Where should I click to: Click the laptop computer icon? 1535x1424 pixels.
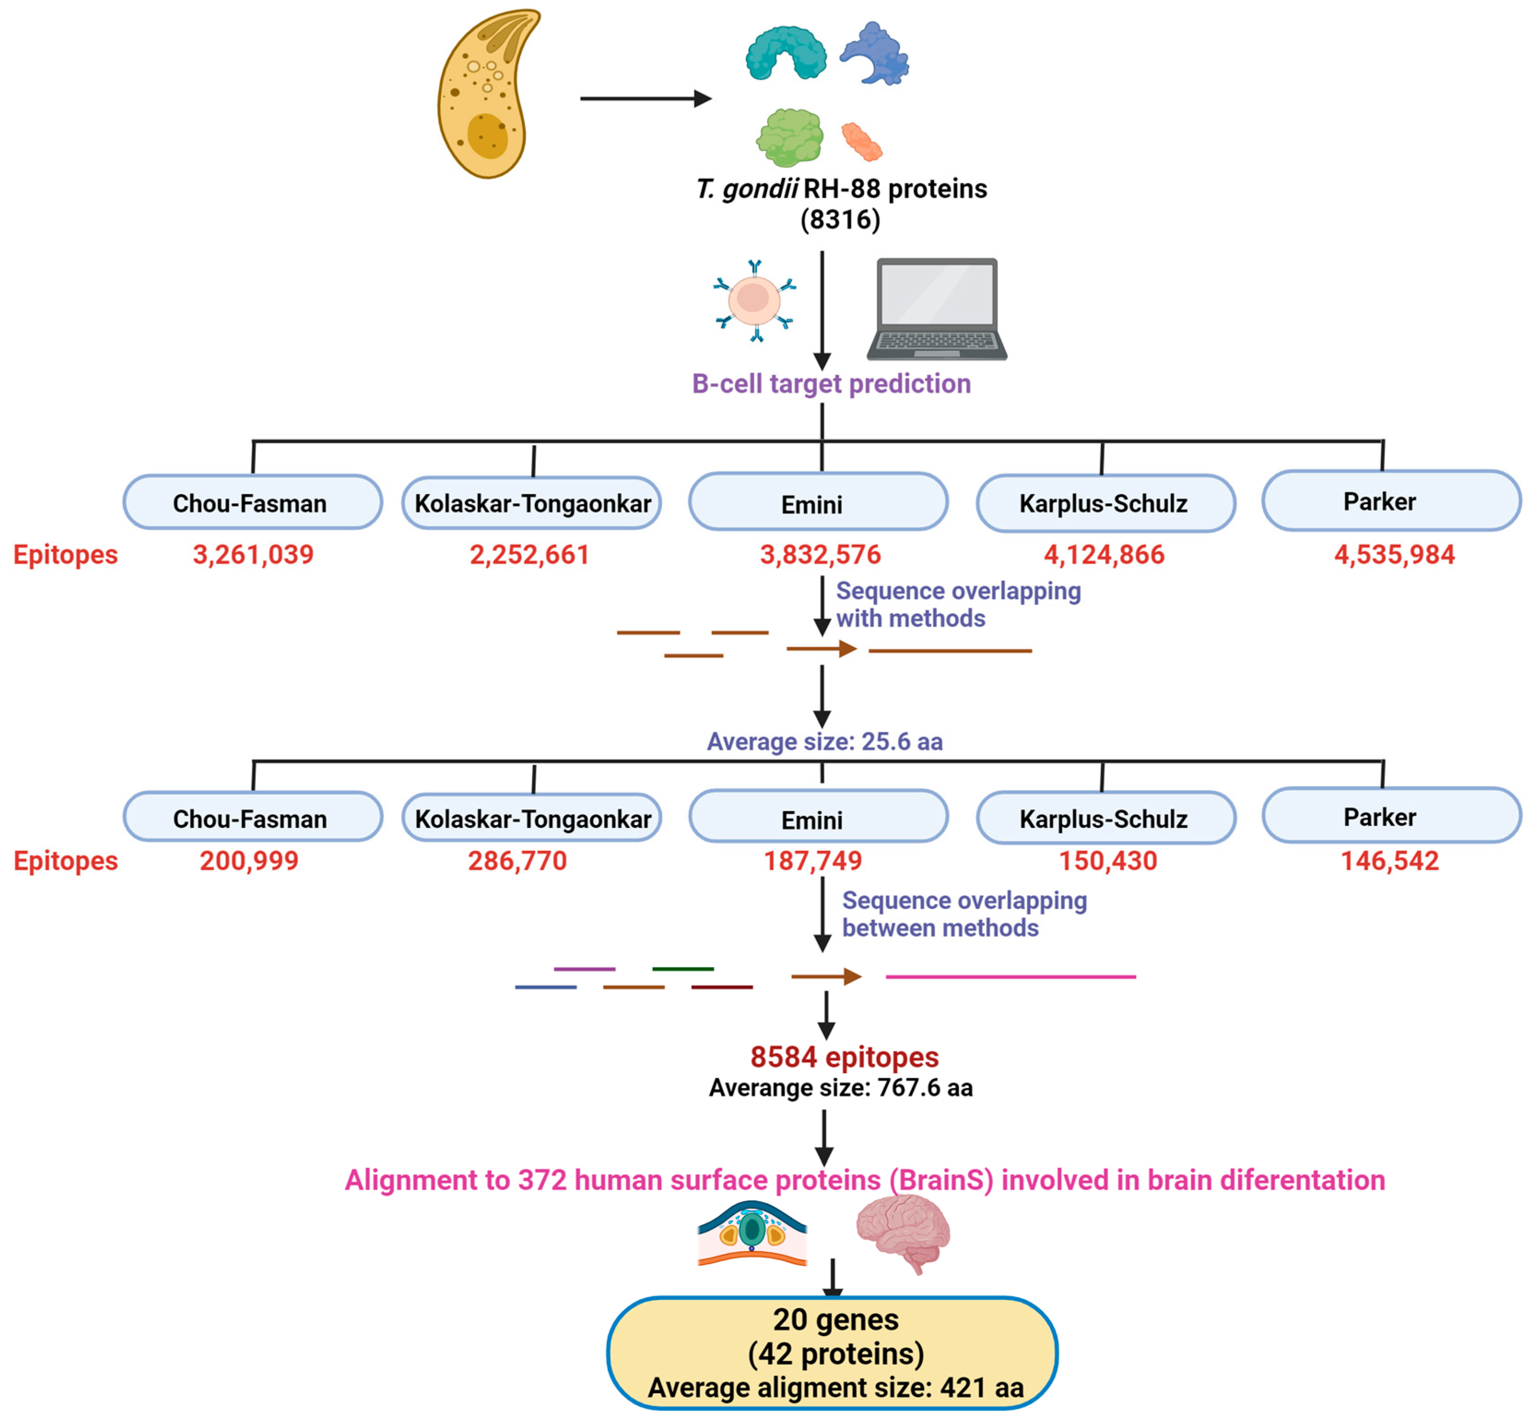point(936,308)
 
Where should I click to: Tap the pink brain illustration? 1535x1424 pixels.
point(903,1233)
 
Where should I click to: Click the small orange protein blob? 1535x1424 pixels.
point(861,142)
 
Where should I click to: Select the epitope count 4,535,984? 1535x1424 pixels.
point(1394,555)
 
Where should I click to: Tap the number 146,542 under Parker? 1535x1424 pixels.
point(1389,861)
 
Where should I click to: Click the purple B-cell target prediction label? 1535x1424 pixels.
point(831,384)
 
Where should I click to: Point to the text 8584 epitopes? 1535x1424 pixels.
point(844,1057)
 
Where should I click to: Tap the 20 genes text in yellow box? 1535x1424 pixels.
point(835,1320)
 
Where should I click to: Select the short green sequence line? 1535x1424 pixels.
point(682,968)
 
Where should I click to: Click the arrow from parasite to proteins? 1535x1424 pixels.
point(646,99)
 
